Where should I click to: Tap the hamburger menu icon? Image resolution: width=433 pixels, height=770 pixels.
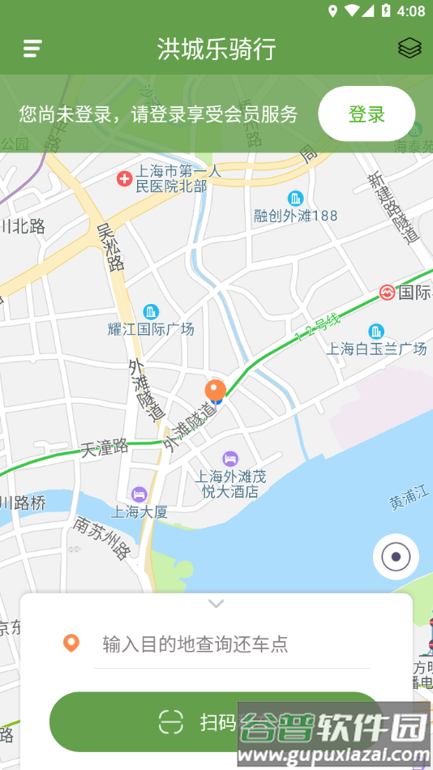pyautogui.click(x=32, y=49)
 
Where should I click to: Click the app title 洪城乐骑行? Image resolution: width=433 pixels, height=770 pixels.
pyautogui.click(x=216, y=49)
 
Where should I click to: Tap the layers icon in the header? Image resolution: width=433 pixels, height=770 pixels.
pyautogui.click(x=409, y=49)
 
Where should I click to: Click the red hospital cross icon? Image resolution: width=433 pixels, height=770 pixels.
pyautogui.click(x=124, y=178)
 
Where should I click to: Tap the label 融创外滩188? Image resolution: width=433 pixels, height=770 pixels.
pyautogui.click(x=295, y=216)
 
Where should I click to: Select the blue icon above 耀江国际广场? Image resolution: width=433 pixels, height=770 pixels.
pyautogui.click(x=151, y=311)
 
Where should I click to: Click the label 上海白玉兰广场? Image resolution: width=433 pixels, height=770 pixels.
pyautogui.click(x=376, y=349)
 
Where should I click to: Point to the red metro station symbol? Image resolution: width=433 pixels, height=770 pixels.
pyautogui.click(x=387, y=292)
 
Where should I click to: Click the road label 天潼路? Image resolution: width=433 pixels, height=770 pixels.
pyautogui.click(x=105, y=447)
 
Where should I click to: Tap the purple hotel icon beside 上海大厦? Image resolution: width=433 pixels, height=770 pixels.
pyautogui.click(x=139, y=494)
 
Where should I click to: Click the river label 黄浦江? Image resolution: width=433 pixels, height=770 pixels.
pyautogui.click(x=410, y=500)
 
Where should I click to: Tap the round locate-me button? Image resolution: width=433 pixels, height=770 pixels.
pyautogui.click(x=396, y=557)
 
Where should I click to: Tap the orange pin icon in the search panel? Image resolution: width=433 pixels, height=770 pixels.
pyautogui.click(x=71, y=644)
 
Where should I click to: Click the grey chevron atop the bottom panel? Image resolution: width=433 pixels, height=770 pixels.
pyautogui.click(x=216, y=604)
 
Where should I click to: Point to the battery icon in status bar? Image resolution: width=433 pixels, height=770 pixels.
pyautogui.click(x=386, y=11)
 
